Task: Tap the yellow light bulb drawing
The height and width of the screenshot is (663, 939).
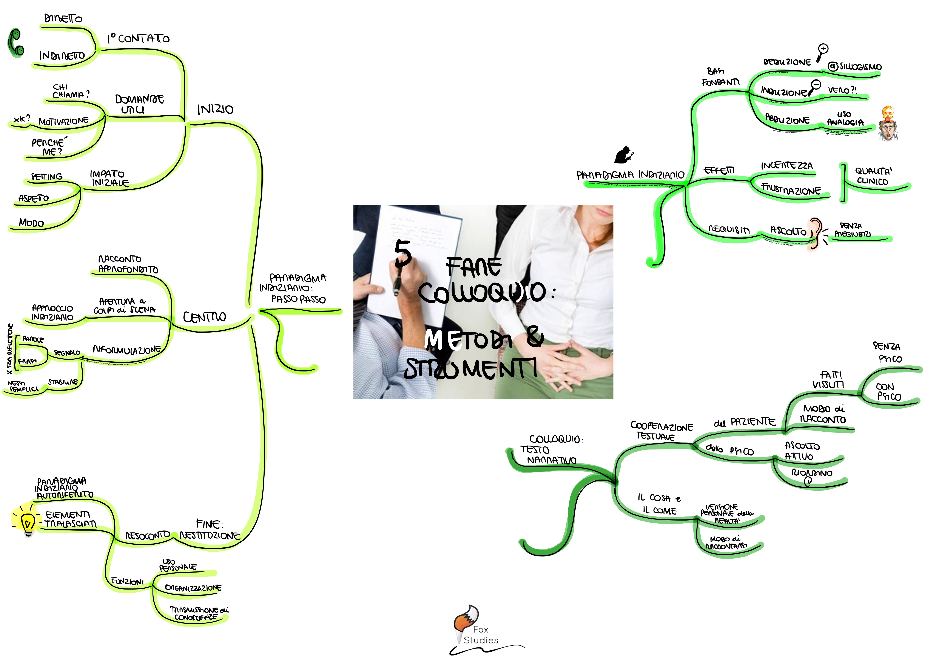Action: tap(27, 519)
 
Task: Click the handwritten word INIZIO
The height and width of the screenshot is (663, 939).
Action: tap(215, 110)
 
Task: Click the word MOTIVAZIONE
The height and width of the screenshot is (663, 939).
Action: tap(63, 121)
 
